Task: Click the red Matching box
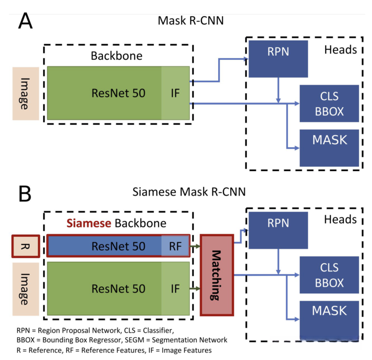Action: point(218,275)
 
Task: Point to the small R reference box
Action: point(25,246)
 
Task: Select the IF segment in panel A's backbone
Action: point(175,93)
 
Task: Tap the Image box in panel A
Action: point(25,94)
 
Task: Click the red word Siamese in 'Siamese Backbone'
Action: point(87,224)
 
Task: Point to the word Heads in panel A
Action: point(340,49)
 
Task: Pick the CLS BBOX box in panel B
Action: point(329,275)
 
